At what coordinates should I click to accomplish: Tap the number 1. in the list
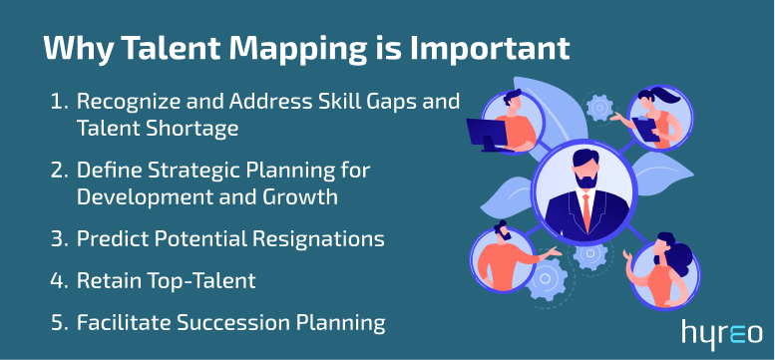click(58, 102)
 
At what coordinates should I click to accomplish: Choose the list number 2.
click(58, 171)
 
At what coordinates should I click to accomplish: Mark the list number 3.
click(58, 240)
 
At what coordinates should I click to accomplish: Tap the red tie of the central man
click(584, 210)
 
